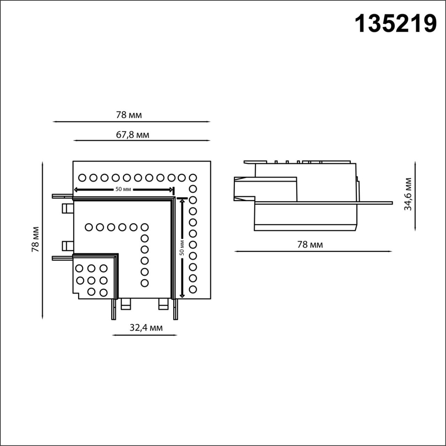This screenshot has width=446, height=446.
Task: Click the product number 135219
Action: click(x=395, y=24)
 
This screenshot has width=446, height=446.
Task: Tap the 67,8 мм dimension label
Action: click(x=132, y=134)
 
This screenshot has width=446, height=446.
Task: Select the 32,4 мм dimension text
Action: click(x=146, y=328)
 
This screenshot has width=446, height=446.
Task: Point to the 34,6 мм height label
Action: click(x=408, y=194)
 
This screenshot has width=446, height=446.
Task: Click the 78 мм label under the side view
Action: click(x=310, y=245)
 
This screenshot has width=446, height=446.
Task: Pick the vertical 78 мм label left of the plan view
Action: click(x=35, y=239)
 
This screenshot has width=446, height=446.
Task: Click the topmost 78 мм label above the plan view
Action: click(x=129, y=115)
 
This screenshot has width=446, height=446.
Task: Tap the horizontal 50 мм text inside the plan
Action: click(x=123, y=190)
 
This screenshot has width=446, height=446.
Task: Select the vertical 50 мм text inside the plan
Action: click(x=182, y=247)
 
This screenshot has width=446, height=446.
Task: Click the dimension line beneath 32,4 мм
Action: click(x=145, y=336)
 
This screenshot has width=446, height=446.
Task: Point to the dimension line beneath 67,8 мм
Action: click(x=142, y=140)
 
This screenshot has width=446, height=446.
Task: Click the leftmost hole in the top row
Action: click(x=82, y=178)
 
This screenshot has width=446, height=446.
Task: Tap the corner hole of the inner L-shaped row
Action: click(x=144, y=227)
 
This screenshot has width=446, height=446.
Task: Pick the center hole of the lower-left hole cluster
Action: click(x=91, y=280)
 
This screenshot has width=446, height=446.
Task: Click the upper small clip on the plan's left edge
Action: click(x=67, y=208)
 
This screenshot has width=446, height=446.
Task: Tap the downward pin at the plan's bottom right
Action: click(x=175, y=309)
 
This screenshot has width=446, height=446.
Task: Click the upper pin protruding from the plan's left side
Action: click(x=62, y=196)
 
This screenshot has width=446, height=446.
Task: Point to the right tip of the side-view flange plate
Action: click(x=392, y=203)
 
